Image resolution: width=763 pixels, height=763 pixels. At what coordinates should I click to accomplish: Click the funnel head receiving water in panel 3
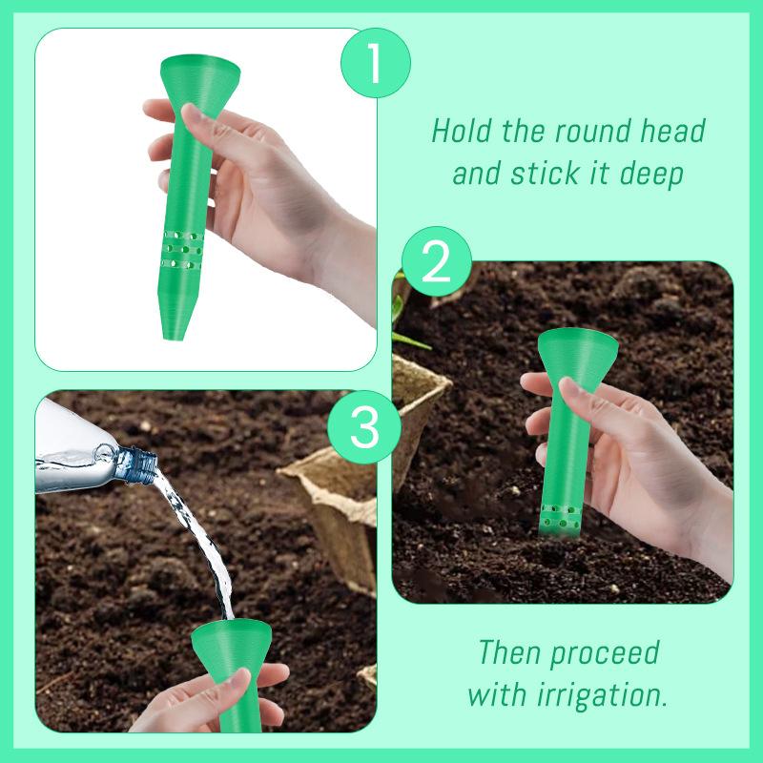click(x=229, y=641)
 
